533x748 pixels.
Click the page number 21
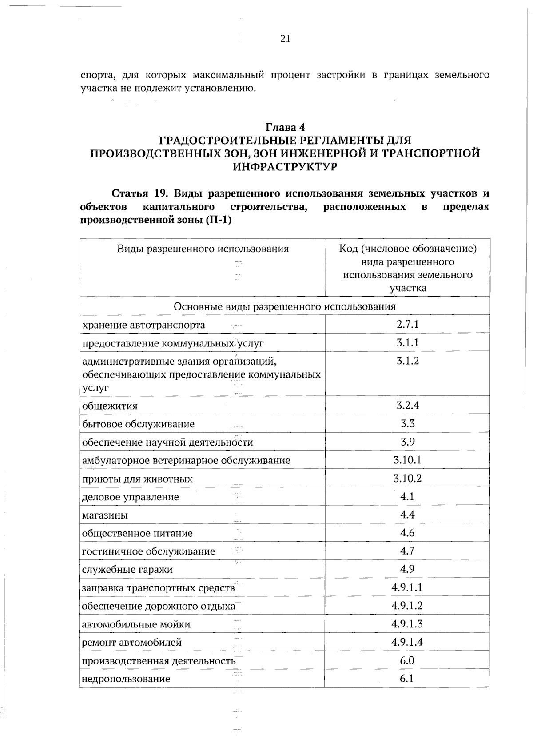(286, 39)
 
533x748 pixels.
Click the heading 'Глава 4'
(285, 127)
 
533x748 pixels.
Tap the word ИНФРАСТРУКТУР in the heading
(285, 167)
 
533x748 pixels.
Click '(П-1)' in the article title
(219, 220)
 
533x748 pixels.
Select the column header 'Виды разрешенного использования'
(203, 249)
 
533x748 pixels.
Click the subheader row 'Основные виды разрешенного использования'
(284, 306)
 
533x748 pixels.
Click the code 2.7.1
(407, 324)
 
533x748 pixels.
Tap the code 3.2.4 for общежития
(407, 405)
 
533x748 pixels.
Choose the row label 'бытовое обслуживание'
(139, 424)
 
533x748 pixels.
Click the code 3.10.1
(407, 460)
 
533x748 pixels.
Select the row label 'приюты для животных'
(138, 479)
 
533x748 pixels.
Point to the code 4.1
(407, 496)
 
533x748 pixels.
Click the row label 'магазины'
(105, 515)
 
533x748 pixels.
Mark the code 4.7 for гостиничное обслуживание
(407, 551)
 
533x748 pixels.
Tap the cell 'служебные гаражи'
(127, 570)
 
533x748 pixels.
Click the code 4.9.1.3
(407, 624)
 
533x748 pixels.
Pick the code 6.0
(407, 660)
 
